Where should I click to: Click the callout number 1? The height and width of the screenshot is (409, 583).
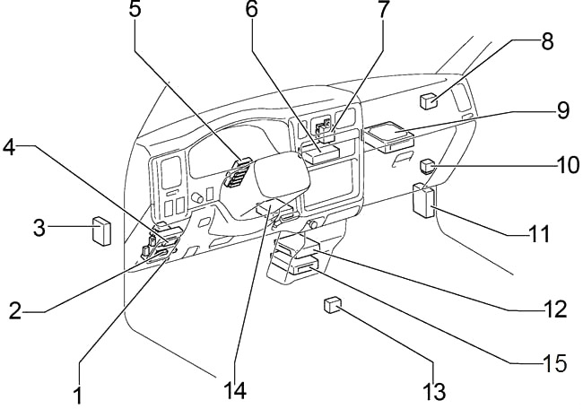[79, 394]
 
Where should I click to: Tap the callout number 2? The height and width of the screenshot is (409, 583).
[15, 311]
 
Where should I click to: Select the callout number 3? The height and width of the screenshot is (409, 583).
[39, 228]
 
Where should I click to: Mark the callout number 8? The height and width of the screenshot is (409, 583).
[547, 40]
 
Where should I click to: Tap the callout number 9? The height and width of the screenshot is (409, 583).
[562, 111]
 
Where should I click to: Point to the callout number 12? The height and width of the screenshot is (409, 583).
[555, 309]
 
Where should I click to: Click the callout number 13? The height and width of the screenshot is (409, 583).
[435, 392]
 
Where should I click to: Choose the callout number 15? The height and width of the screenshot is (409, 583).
[555, 363]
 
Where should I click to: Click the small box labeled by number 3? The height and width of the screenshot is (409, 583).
[102, 231]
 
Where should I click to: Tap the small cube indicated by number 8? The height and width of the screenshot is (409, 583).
[430, 100]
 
